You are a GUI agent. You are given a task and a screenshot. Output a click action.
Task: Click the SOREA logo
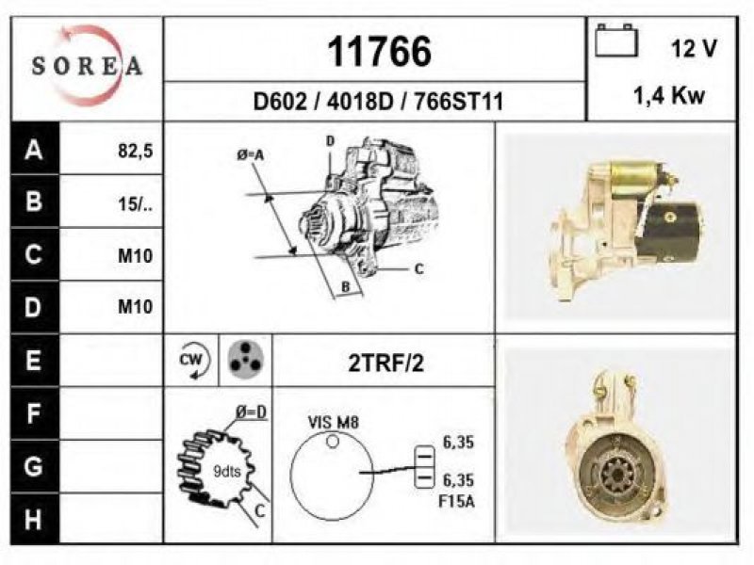[x=87, y=66]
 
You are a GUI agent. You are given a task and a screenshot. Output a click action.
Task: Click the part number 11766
[x=380, y=52]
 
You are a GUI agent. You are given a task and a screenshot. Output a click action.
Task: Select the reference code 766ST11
[x=458, y=102]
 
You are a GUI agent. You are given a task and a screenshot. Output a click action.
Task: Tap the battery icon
[x=617, y=40]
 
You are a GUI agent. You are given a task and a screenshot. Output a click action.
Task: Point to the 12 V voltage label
[x=694, y=49]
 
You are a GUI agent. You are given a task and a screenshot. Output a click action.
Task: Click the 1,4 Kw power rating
[x=669, y=96]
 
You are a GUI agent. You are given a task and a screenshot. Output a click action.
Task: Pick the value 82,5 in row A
[x=135, y=151]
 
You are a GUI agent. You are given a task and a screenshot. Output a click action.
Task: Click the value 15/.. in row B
[x=135, y=204]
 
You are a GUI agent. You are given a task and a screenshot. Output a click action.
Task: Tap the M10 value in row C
[x=135, y=255]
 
